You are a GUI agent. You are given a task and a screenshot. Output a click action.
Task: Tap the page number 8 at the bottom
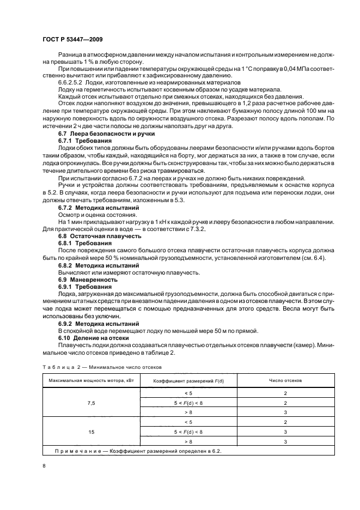click(x=44, y=466)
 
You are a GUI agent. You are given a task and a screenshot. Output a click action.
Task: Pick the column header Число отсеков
click(x=285, y=380)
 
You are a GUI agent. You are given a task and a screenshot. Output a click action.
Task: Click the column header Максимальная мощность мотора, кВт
click(x=91, y=380)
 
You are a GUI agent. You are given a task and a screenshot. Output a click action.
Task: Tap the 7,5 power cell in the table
click(x=91, y=403)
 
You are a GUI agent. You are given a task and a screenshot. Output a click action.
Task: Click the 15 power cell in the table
click(x=91, y=431)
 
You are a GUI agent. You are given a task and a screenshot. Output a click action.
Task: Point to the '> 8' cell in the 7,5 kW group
click(x=188, y=412)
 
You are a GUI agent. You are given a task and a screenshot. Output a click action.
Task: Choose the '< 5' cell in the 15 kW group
click(x=188, y=422)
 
